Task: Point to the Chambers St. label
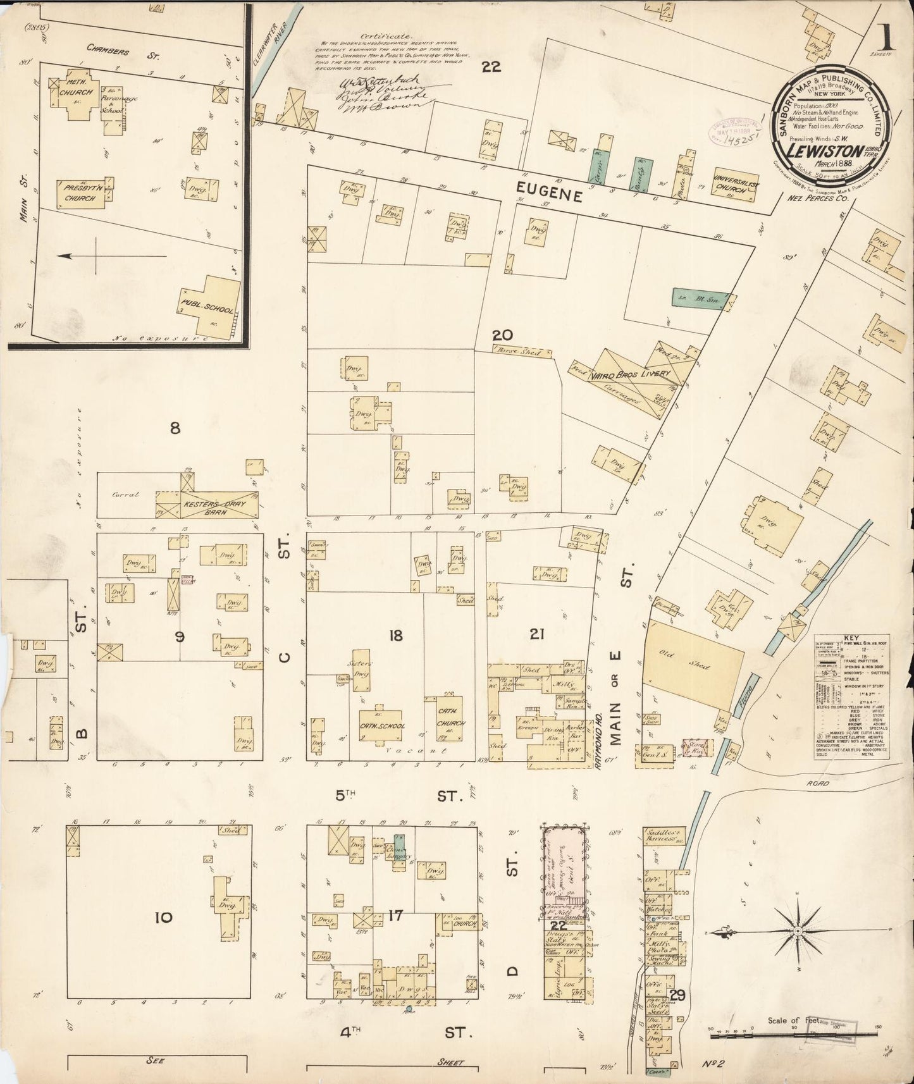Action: (x=123, y=54)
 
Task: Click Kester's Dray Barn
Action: (x=207, y=505)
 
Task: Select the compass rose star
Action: (x=798, y=932)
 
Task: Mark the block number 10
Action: (x=163, y=916)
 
